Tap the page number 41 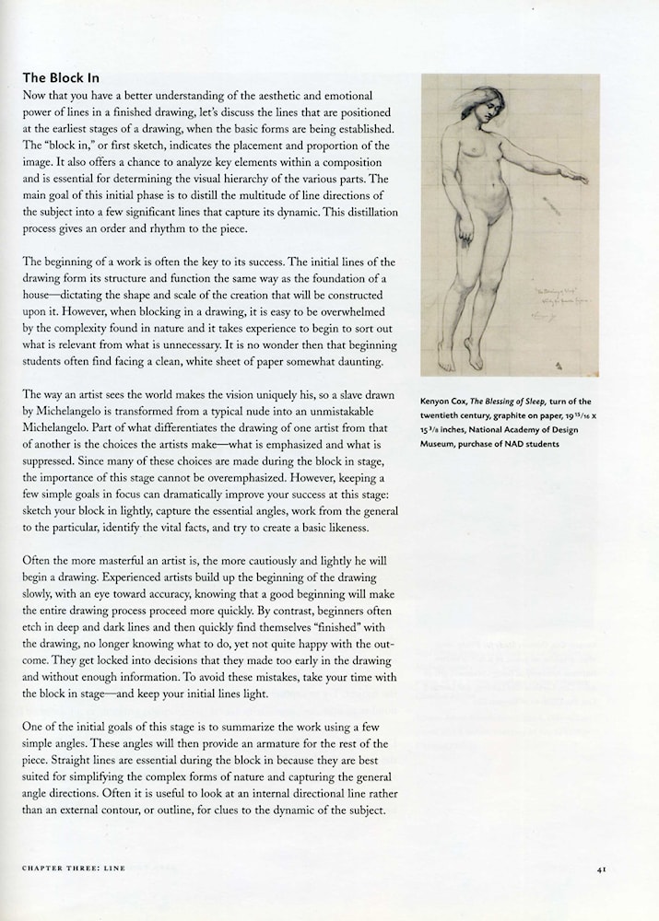pos(600,868)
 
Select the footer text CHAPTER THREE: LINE pos(74,868)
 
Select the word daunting pos(342,362)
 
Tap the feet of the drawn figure pos(461,356)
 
